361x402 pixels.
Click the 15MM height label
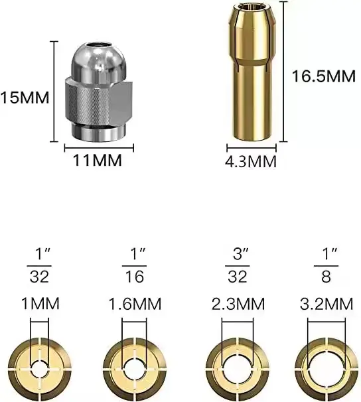pos(25,98)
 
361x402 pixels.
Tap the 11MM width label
pos(98,161)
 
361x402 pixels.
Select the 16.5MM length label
pos(324,76)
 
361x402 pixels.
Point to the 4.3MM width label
pos(251,162)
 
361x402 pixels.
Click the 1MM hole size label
pos(40,304)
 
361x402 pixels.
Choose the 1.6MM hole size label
pos(135,304)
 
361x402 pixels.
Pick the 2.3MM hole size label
pos(238,304)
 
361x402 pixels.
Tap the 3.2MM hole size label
pos(326,304)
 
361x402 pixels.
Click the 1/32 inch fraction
pos(40,265)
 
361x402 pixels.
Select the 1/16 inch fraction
pos(135,265)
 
